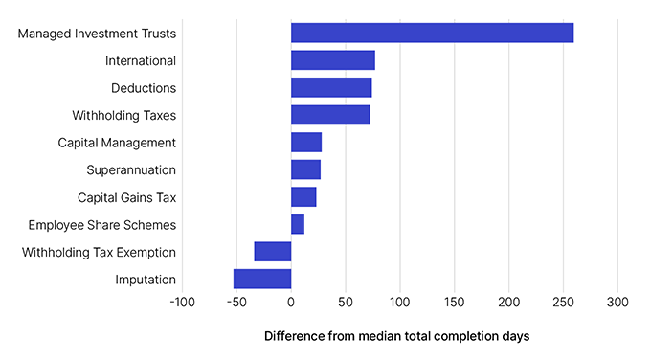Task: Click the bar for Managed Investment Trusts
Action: (432, 34)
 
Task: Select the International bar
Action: (332, 60)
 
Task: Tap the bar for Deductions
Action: (331, 88)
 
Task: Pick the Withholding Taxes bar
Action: (330, 116)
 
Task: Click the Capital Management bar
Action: (306, 143)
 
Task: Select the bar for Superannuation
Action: (305, 170)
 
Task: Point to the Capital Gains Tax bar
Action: (303, 197)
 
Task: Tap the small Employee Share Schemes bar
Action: (298, 225)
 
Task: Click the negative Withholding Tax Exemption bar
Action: (273, 252)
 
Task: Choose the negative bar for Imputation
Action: (262, 279)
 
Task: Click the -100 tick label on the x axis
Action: (182, 303)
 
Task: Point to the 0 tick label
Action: (291, 303)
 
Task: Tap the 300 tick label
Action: (617, 303)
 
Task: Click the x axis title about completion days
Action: (396, 337)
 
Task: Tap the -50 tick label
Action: (236, 303)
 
